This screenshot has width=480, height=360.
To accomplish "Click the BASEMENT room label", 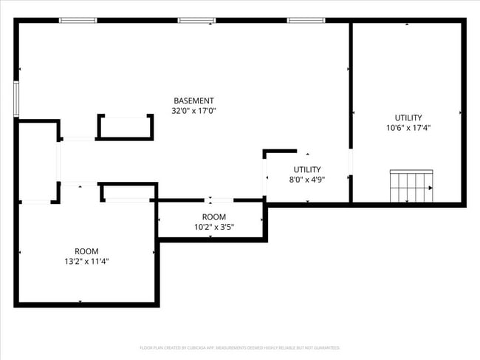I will pyautogui.click(x=193, y=101).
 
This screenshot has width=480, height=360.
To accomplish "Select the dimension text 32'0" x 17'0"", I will pyautogui.click(x=193, y=111).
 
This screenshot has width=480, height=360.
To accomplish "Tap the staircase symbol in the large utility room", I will pyautogui.click(x=411, y=186).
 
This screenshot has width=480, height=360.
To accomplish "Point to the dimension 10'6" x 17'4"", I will pyautogui.click(x=408, y=127).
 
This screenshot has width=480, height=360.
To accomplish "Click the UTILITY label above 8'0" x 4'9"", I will pyautogui.click(x=307, y=169).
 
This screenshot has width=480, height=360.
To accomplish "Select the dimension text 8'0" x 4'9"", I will pyautogui.click(x=307, y=179).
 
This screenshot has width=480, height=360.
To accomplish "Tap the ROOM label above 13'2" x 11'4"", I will pyautogui.click(x=86, y=251).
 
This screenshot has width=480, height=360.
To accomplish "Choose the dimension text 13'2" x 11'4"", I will pyautogui.click(x=86, y=261).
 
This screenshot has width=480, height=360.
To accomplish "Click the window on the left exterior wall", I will pyautogui.click(x=16, y=99).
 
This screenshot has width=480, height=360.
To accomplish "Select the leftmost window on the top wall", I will pyautogui.click(x=78, y=20).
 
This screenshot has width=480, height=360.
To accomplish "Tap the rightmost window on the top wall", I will pyautogui.click(x=306, y=20).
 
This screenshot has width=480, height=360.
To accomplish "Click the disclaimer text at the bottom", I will pyautogui.click(x=240, y=347).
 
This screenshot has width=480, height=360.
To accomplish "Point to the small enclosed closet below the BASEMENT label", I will pyautogui.click(x=126, y=127).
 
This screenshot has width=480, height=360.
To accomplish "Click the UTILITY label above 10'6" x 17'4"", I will pyautogui.click(x=408, y=118).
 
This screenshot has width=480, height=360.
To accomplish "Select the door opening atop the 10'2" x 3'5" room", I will pyautogui.click(x=210, y=200).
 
